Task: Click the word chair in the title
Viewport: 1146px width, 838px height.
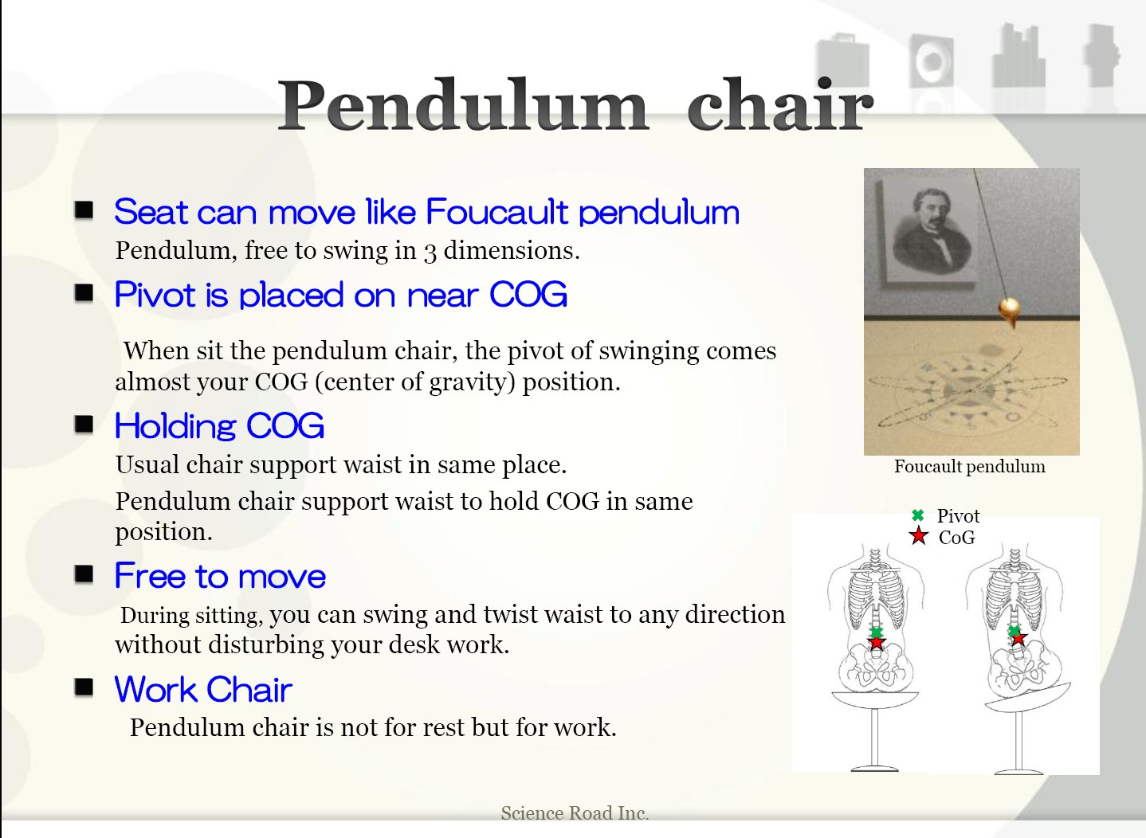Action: click(x=780, y=104)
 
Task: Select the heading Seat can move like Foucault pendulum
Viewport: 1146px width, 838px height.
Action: click(x=426, y=212)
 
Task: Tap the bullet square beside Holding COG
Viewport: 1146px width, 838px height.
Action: click(x=84, y=424)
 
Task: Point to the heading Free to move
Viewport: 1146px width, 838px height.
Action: click(x=220, y=576)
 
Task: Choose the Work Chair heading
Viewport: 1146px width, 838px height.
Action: click(x=203, y=689)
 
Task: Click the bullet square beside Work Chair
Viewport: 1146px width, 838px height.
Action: click(x=84, y=687)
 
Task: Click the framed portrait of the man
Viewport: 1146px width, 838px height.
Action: click(x=929, y=229)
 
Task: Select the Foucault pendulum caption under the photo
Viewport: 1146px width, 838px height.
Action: click(x=970, y=466)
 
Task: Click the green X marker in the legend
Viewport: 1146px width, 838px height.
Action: click(x=918, y=515)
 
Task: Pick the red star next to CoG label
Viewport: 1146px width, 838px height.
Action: click(x=919, y=536)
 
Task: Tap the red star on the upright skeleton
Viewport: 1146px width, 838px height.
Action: click(x=877, y=642)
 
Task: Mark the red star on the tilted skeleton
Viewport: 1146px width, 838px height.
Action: click(x=1018, y=638)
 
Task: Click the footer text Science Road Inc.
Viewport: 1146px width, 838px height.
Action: click(x=575, y=813)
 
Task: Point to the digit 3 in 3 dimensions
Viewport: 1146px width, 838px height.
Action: click(x=430, y=253)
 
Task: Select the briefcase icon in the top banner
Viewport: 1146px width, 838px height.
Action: click(x=842, y=61)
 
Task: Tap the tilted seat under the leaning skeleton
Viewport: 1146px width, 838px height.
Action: click(x=1027, y=697)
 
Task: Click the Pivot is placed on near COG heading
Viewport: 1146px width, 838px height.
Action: click(x=341, y=295)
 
